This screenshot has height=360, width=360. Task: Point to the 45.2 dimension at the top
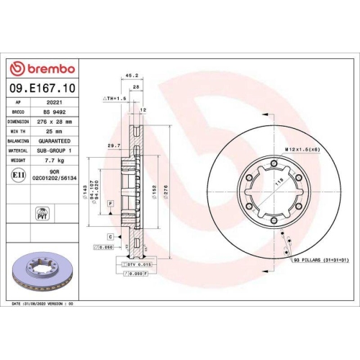(x=132, y=74)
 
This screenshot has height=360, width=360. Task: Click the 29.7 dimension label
(x=112, y=145)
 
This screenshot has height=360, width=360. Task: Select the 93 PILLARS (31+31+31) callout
(x=320, y=259)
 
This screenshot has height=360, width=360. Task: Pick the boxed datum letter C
(x=110, y=236)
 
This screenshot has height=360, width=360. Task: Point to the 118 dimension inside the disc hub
(x=276, y=184)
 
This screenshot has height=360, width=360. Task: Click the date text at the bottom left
(x=43, y=305)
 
